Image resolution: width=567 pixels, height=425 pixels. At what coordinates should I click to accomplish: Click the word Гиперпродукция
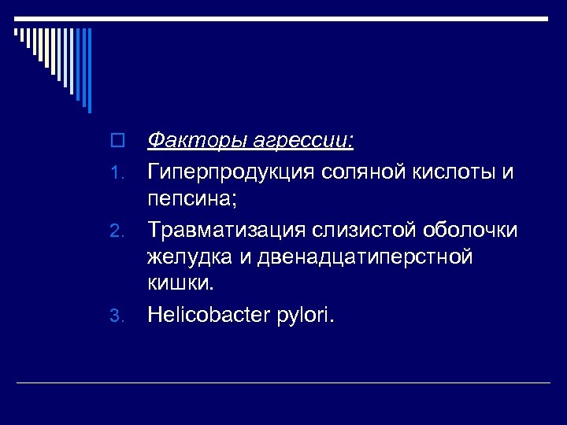pos(232,172)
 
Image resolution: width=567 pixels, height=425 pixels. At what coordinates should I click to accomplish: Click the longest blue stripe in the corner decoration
pos(89,70)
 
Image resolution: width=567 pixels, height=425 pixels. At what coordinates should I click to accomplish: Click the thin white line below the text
pos(283,382)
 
